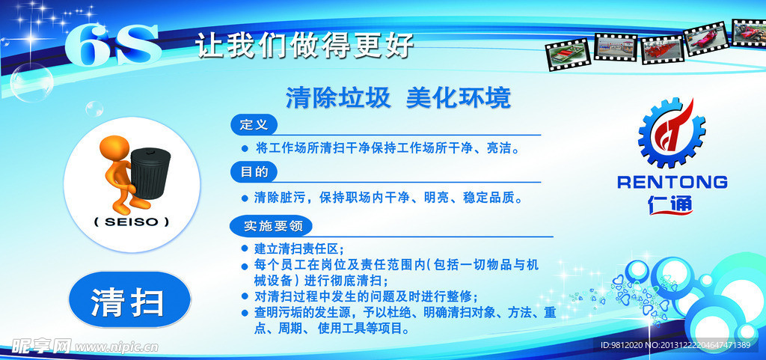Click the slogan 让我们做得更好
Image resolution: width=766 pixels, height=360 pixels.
pyautogui.click(x=304, y=46)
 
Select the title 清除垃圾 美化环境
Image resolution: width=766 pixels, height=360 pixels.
pyautogui.click(x=398, y=98)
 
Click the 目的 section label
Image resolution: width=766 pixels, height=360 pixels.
pyautogui.click(x=254, y=172)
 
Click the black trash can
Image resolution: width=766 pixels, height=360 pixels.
pyautogui.click(x=151, y=171)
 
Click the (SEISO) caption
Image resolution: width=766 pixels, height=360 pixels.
pyautogui.click(x=132, y=222)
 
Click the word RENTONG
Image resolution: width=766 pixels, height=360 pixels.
pyautogui.click(x=672, y=182)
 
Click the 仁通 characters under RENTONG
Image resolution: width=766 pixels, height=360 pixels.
pyautogui.click(x=671, y=202)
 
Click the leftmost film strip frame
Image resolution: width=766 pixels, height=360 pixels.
pyautogui.click(x=568, y=55)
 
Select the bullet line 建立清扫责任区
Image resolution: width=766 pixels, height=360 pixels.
pyautogui.click(x=298, y=248)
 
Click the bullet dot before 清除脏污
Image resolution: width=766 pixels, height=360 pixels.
pyautogui.click(x=245, y=198)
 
